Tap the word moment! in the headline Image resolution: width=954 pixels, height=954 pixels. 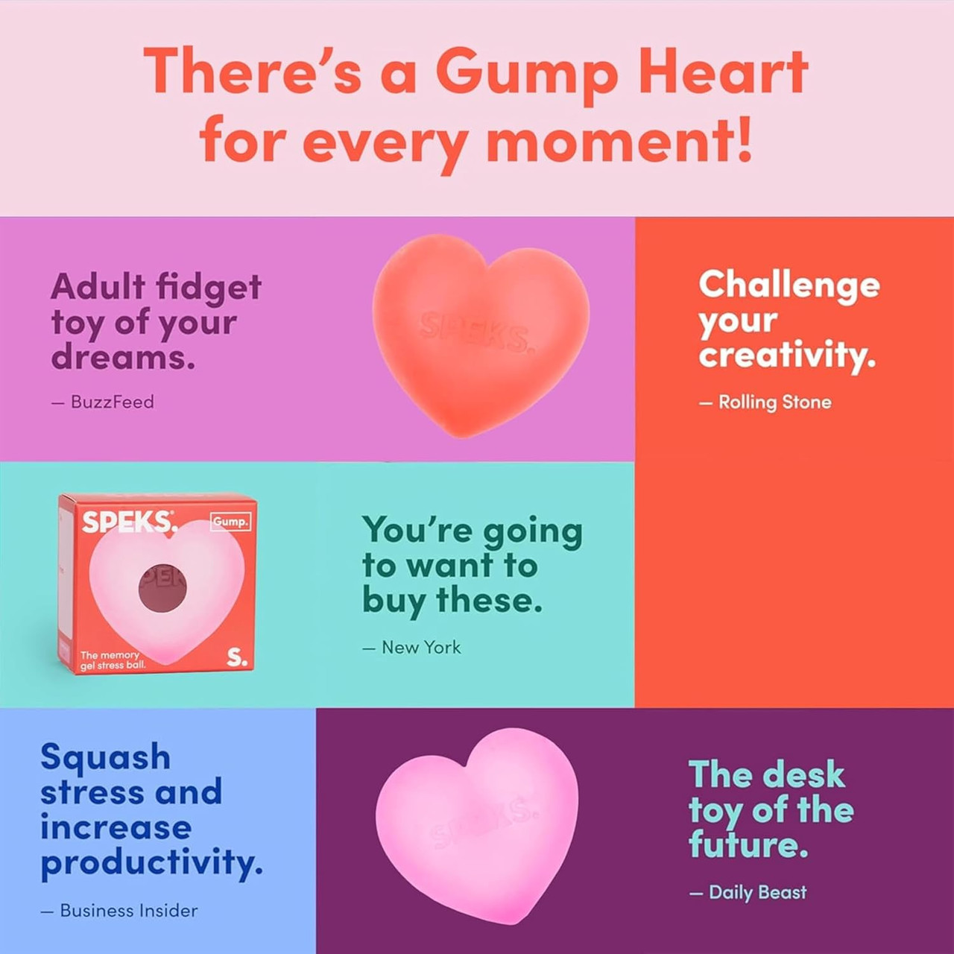619,141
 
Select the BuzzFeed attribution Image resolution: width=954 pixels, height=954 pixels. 112,402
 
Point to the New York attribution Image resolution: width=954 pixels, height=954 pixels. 420,648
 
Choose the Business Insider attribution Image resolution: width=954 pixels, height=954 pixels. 128,911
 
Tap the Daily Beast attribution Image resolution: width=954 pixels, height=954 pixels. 756,892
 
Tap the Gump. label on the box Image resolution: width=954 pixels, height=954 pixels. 230,522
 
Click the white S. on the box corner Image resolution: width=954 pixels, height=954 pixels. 237,657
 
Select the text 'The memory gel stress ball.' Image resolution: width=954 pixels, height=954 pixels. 112,660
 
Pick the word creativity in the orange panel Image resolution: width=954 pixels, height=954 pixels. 786,356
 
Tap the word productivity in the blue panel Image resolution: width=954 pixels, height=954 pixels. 151,863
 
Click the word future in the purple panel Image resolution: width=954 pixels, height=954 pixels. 748,845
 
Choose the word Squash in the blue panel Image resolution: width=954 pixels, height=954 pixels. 105,757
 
